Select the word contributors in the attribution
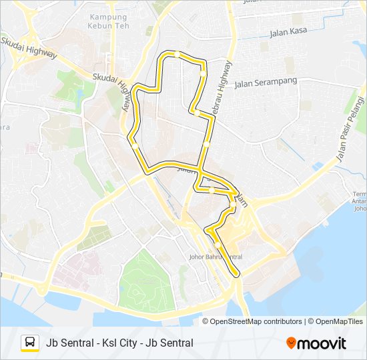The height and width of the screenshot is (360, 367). coord(284,321)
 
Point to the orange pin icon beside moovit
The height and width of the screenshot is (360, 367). coord(291,343)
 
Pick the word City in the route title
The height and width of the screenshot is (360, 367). coord(126,343)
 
